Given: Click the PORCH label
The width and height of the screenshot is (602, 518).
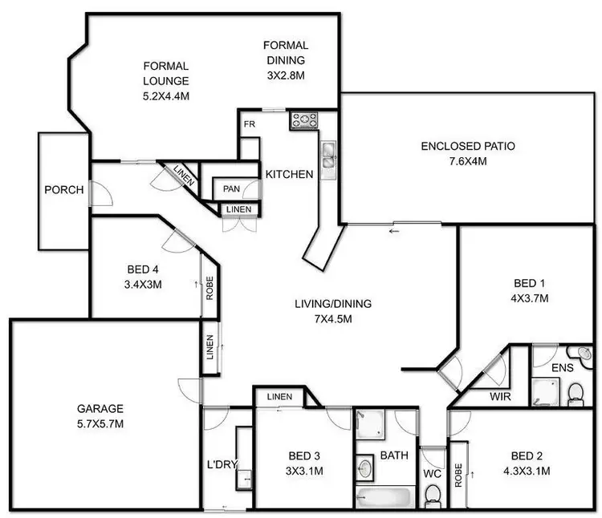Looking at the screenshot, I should pyautogui.click(x=64, y=190).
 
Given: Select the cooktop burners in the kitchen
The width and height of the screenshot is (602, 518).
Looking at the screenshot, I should pyautogui.click(x=304, y=120).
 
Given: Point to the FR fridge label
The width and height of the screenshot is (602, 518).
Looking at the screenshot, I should pyautogui.click(x=250, y=124).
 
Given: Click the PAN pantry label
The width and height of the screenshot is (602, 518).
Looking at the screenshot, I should pyautogui.click(x=231, y=189).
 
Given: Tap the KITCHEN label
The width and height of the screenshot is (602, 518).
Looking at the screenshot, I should pyautogui.click(x=289, y=174).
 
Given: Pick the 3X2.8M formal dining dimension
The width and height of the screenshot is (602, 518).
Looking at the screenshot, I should pyautogui.click(x=285, y=75).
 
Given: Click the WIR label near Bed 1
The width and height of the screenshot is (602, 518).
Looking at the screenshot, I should pyautogui.click(x=498, y=395).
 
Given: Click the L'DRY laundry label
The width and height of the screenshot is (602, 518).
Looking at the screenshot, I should pyautogui.click(x=219, y=464).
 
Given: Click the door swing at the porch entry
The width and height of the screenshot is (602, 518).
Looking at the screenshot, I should pyautogui.click(x=98, y=192).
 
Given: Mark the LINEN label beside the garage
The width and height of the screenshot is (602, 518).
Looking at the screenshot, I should pyautogui.click(x=209, y=355).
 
